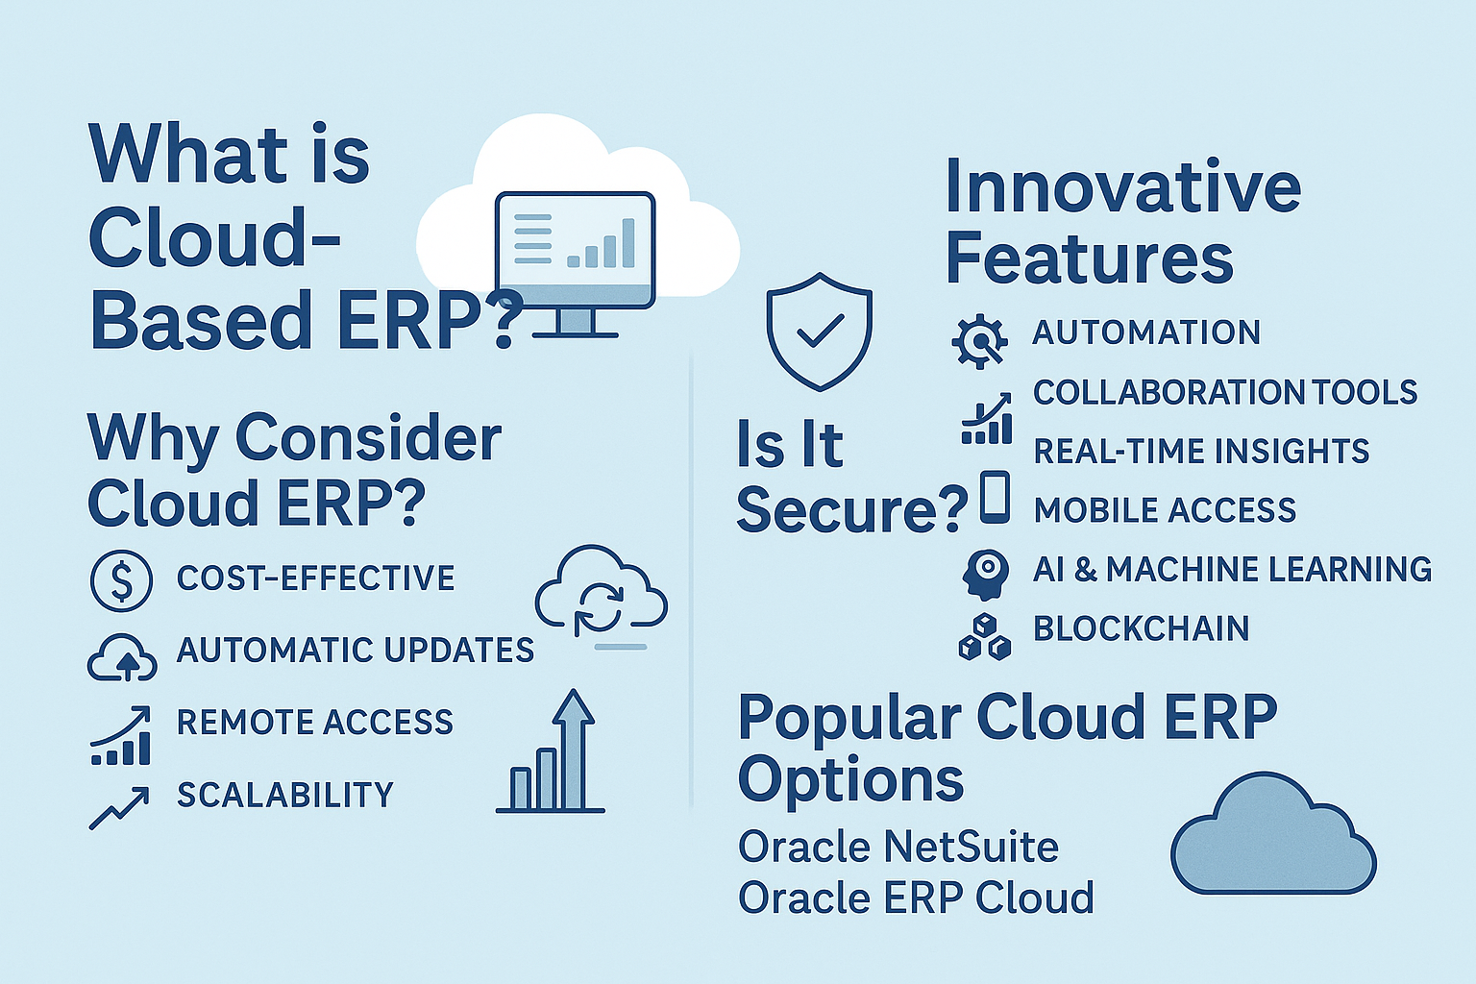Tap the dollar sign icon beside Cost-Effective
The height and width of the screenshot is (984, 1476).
[x=121, y=580]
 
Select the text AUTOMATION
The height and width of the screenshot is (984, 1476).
[x=1145, y=332]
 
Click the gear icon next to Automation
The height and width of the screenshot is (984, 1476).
[x=979, y=341]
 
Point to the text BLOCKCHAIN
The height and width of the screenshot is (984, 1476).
[x=1141, y=628]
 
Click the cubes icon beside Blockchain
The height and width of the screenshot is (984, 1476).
[x=984, y=637]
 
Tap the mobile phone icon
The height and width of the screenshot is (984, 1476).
[x=995, y=498]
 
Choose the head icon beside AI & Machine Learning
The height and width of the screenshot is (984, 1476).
[x=985, y=574]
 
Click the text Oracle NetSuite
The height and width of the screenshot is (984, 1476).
[x=898, y=847]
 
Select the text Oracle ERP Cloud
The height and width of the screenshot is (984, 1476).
[x=916, y=898]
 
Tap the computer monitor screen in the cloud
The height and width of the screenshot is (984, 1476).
[x=576, y=250]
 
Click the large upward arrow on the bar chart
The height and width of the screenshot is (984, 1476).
[x=574, y=748]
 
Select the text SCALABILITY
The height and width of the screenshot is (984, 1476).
[x=285, y=795]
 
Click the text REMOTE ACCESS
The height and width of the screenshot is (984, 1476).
[x=315, y=723]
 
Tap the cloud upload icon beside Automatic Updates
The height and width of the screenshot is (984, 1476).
[x=123, y=657]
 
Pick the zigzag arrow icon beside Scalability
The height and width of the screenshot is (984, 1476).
[x=119, y=807]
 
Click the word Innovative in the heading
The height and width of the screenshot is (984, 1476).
[x=1122, y=187]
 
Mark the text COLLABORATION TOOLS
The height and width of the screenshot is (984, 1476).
[x=1225, y=392]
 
